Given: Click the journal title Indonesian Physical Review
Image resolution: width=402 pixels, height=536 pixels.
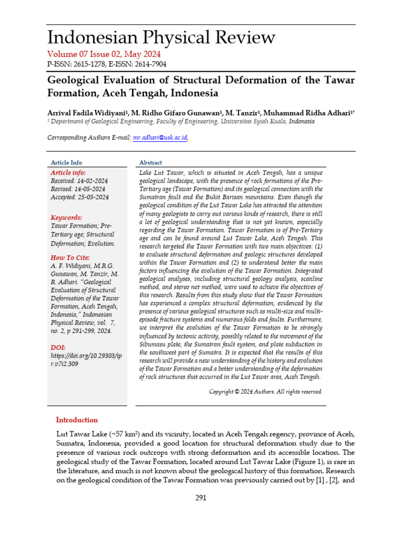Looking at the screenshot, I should point(161,38).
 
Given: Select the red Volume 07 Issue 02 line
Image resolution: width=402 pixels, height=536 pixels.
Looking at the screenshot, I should point(104,54).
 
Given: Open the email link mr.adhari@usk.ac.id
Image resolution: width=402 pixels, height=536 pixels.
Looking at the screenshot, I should point(160,138).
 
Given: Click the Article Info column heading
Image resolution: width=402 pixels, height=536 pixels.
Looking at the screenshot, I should point(66,163).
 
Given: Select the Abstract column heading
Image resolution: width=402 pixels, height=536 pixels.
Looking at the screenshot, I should point(151,163).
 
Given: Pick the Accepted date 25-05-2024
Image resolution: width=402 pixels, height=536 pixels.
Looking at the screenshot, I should point(92,197).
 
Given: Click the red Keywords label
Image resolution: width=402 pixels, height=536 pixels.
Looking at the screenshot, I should point(66,217).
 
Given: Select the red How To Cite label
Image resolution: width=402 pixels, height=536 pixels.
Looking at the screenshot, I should point(70,258).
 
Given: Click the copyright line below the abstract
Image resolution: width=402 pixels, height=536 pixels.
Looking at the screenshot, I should point(266,392).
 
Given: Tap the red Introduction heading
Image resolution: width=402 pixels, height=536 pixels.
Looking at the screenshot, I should point(77,420).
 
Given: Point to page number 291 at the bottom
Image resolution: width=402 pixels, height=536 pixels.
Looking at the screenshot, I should point(201,498).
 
